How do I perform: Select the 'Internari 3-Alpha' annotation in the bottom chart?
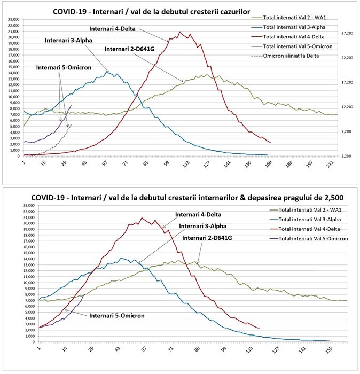[x=204, y=226]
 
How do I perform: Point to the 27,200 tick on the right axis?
[x=347, y=33]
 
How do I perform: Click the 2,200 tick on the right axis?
[x=347, y=156]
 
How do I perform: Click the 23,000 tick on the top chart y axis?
[x=13, y=20]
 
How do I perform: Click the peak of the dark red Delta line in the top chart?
[x=180, y=32]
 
